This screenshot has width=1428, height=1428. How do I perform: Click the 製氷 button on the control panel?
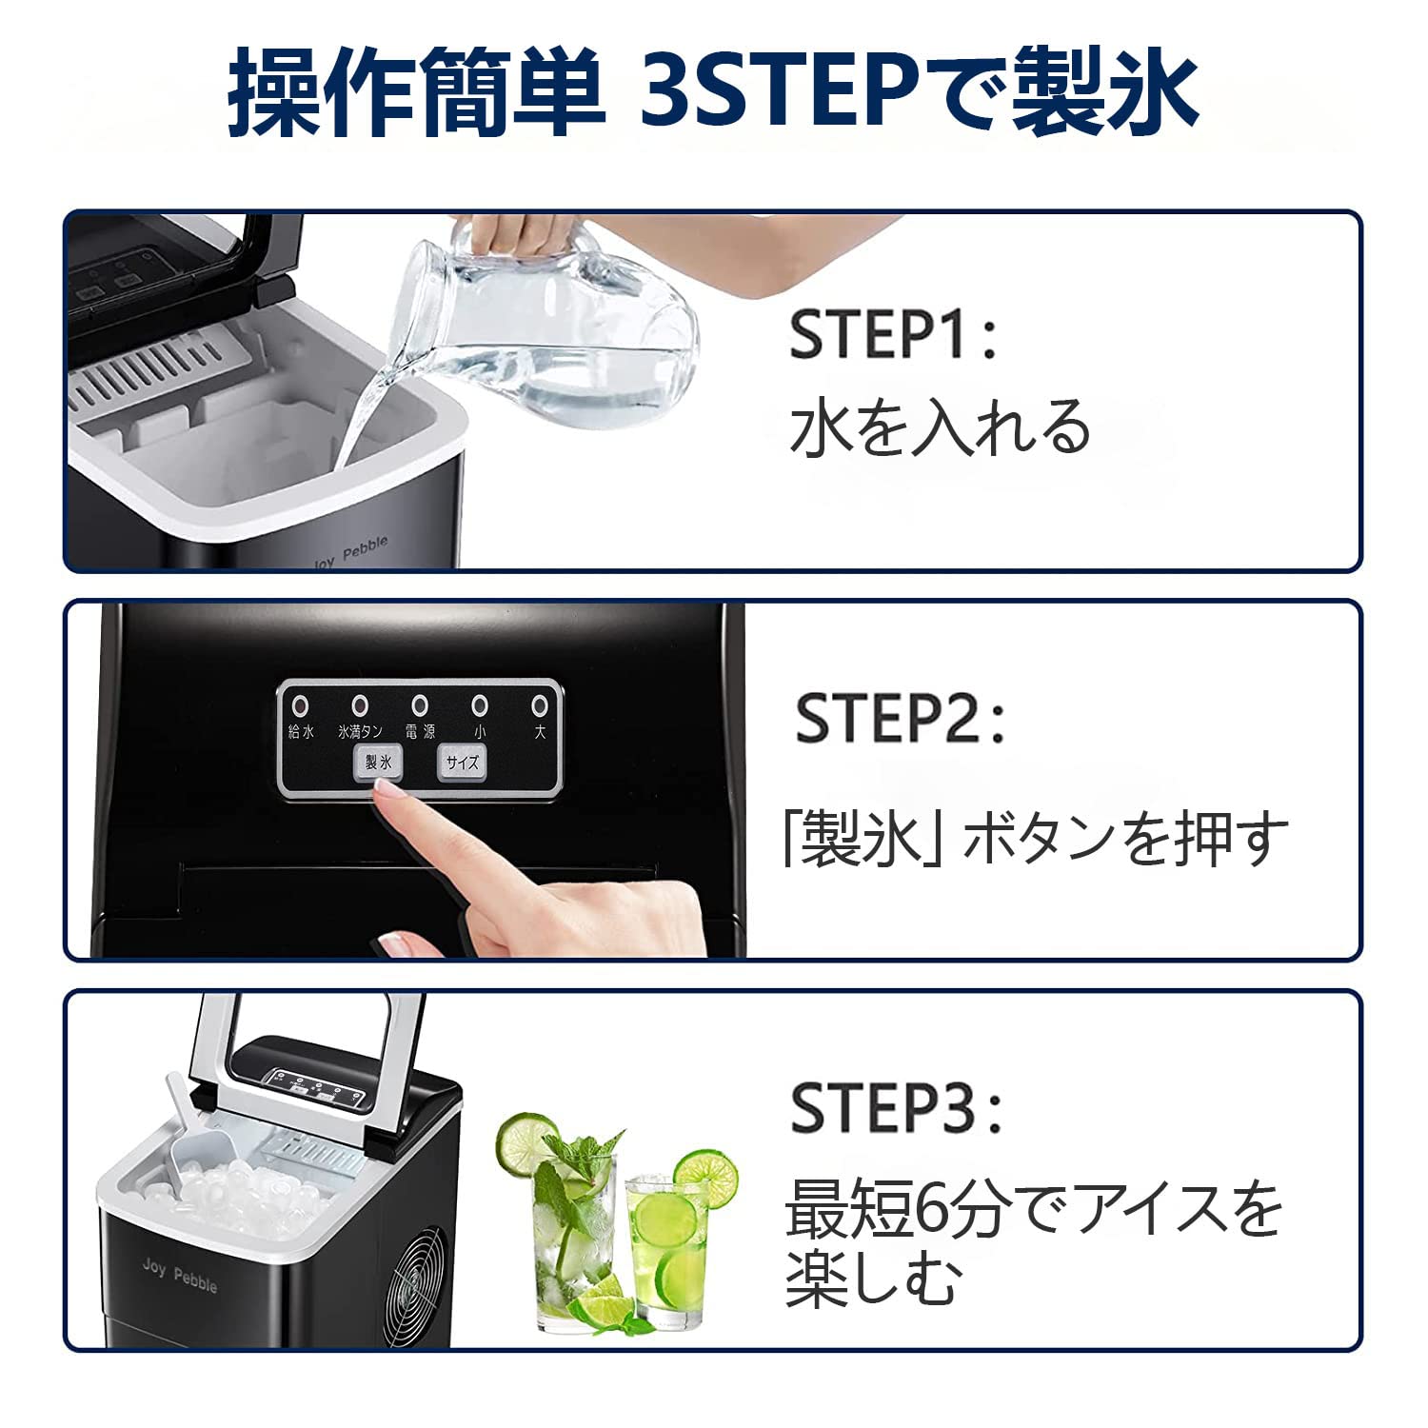tap(378, 763)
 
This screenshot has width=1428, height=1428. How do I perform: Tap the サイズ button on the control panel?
tap(462, 763)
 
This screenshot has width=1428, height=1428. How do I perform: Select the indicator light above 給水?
tap(300, 706)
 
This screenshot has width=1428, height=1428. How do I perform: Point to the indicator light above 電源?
tap(419, 706)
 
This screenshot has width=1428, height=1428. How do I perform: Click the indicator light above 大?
tap(540, 706)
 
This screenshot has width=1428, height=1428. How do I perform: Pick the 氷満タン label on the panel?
tap(360, 732)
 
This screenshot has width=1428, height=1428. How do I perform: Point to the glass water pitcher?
tap(552, 324)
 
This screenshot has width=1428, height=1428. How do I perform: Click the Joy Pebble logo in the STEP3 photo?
tap(180, 1276)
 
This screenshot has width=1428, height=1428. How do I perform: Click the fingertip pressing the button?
tap(386, 789)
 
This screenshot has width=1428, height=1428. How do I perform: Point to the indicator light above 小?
tap(480, 706)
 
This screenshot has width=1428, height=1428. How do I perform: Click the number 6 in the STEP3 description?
tap(936, 1209)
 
